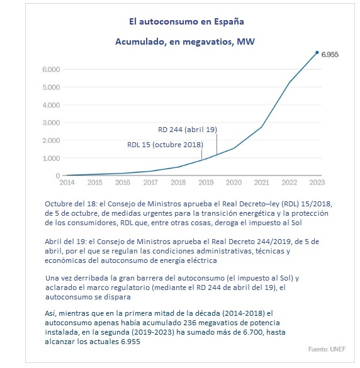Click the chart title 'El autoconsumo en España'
pyautogui.click(x=186, y=22)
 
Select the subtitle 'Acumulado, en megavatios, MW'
pyautogui.click(x=185, y=42)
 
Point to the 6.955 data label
pyautogui.click(x=330, y=55)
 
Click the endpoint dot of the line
pyautogui.click(x=317, y=52)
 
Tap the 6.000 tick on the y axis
pyautogui.click(x=51, y=69)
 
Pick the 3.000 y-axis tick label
pyautogui.click(x=51, y=123)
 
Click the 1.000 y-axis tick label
pyautogui.click(x=51, y=158)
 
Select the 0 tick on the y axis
pyautogui.click(x=58, y=176)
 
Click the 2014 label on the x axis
pyautogui.click(x=67, y=182)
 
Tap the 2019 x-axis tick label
pyautogui.click(x=206, y=182)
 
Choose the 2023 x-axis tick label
pyautogui.click(x=317, y=182)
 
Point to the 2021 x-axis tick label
pyautogui.click(x=262, y=182)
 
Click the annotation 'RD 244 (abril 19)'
pyautogui.click(x=188, y=130)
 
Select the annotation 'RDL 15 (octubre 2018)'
pyautogui.click(x=165, y=145)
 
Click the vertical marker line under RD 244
pyautogui.click(x=217, y=144)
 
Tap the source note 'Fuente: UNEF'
pyautogui.click(x=327, y=349)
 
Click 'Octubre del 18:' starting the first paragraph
pyautogui.click(x=71, y=204)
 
